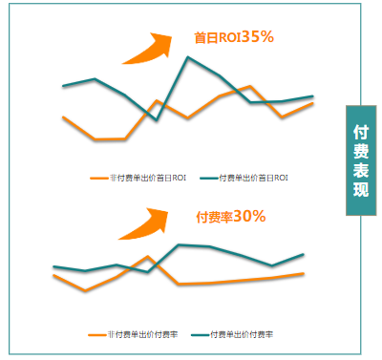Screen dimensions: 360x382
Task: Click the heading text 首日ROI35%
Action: click(x=234, y=37)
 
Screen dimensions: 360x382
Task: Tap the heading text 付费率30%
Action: click(x=230, y=217)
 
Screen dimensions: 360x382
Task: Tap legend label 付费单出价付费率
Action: click(x=242, y=334)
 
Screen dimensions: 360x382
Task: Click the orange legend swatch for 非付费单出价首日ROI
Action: click(x=97, y=178)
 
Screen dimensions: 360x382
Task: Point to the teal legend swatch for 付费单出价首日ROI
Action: click(x=207, y=178)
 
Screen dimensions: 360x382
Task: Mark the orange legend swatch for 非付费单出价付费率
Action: click(x=95, y=334)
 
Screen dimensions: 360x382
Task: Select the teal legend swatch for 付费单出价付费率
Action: click(x=200, y=334)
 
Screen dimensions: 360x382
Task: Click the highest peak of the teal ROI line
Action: click(x=188, y=58)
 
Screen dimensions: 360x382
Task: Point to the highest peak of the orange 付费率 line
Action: click(x=148, y=257)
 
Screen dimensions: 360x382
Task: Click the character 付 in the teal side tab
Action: click(x=361, y=131)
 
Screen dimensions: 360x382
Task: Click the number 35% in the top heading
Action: click(x=258, y=37)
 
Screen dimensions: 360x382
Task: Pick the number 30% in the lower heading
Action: click(x=249, y=217)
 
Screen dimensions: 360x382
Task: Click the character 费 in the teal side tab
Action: click(x=361, y=150)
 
